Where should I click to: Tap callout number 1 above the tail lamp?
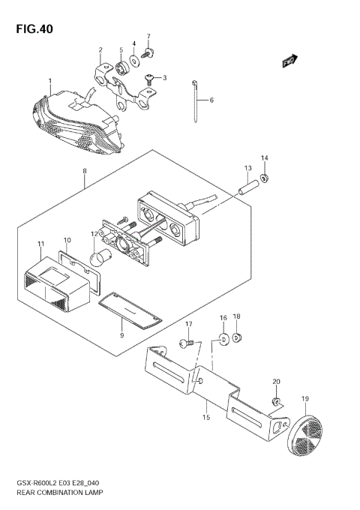(x=50, y=81)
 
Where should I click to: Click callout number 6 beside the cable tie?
(x=211, y=100)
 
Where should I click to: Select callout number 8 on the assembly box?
(x=85, y=172)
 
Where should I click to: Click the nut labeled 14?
(x=265, y=178)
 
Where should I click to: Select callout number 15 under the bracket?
(x=205, y=417)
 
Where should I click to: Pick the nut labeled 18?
(x=237, y=338)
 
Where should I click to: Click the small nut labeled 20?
(x=277, y=403)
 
